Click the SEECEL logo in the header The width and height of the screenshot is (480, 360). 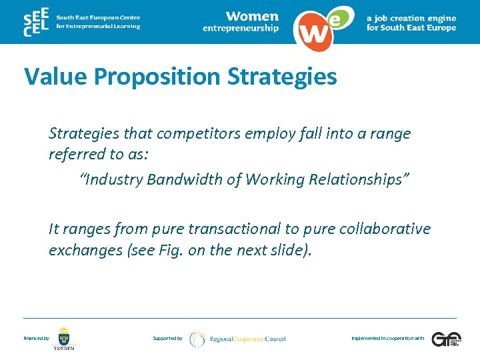tap(35, 23)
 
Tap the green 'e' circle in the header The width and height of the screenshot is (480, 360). tap(338, 19)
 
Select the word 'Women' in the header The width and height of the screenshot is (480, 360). tap(252, 15)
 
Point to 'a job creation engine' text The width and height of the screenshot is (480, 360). tap(411, 18)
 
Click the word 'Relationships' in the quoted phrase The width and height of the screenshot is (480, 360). tap(363, 179)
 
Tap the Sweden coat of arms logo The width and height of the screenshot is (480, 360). tap(64, 338)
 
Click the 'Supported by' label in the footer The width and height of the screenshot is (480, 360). tap(167, 339)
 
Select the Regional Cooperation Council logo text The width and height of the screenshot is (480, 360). tap(247, 339)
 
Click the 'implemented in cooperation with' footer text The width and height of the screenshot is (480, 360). tap(387, 339)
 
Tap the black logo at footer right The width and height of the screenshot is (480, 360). tap(445, 339)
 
